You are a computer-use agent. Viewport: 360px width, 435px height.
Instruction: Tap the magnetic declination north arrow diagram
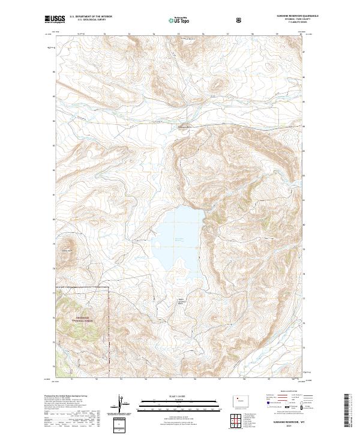click(x=122, y=405)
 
